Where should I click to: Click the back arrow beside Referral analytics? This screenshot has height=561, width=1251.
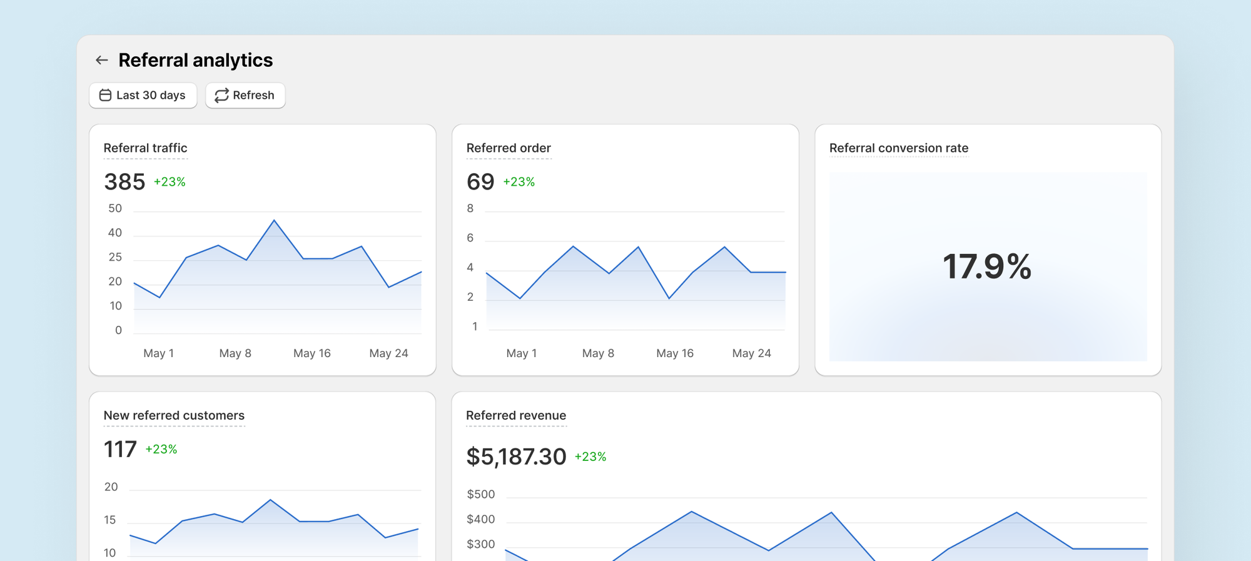pyautogui.click(x=101, y=60)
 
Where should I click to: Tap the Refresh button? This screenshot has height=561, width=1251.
pyautogui.click(x=245, y=95)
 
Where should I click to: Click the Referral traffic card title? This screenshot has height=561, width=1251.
pyautogui.click(x=145, y=148)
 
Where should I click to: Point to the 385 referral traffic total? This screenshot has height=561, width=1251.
pyautogui.click(x=124, y=182)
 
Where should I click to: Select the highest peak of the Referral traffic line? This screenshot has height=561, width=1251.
pyautogui.click(x=274, y=220)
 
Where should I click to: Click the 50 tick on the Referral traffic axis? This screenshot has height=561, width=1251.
pyautogui.click(x=115, y=208)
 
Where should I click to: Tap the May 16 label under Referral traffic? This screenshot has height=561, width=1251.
pyautogui.click(x=311, y=353)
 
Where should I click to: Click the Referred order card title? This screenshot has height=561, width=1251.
pyautogui.click(x=508, y=148)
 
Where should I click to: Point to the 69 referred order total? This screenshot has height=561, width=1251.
pyautogui.click(x=480, y=182)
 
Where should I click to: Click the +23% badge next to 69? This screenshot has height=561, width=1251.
pyautogui.click(x=519, y=182)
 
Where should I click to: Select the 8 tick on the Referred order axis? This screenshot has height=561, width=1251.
pyautogui.click(x=470, y=208)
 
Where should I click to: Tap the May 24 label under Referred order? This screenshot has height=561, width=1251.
pyautogui.click(x=751, y=353)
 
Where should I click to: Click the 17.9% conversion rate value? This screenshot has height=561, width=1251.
pyautogui.click(x=987, y=266)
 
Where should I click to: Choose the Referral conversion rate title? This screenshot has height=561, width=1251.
pyautogui.click(x=898, y=148)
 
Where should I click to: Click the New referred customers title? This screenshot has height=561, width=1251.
pyautogui.click(x=174, y=415)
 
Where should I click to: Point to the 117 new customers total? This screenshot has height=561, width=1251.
pyautogui.click(x=120, y=449)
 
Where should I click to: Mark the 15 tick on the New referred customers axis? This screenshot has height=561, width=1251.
pyautogui.click(x=110, y=520)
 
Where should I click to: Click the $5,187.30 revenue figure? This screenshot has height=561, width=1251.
pyautogui.click(x=516, y=457)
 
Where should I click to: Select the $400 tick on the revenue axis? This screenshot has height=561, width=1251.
pyautogui.click(x=480, y=519)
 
